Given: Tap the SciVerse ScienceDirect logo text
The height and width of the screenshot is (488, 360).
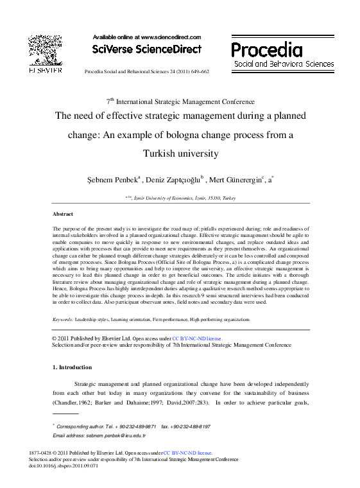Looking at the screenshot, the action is [x=147, y=49].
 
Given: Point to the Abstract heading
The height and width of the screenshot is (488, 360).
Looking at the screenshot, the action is [x=62, y=214].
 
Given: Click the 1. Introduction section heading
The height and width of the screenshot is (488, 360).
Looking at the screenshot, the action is [x=71, y=367].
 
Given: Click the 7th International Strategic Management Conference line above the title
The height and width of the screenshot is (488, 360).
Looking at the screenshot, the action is [x=180, y=101].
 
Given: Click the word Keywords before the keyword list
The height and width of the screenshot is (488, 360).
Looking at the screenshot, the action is [x=62, y=319].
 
